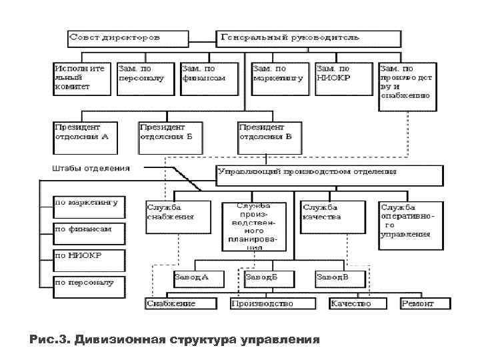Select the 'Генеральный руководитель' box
(x=309, y=38)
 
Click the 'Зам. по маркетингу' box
(x=280, y=77)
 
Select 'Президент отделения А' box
(x=84, y=136)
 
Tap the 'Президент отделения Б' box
(x=170, y=136)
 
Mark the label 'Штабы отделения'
(x=91, y=167)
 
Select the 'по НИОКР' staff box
(x=89, y=259)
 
